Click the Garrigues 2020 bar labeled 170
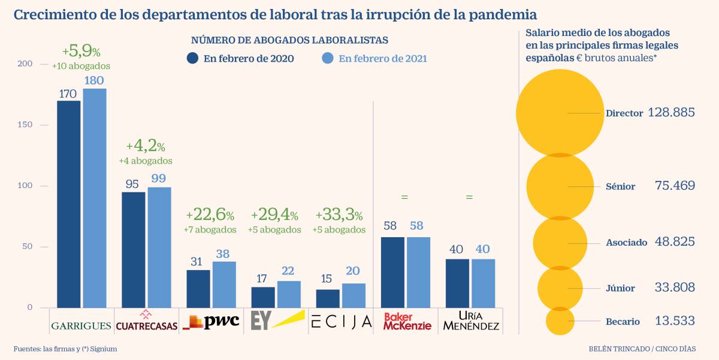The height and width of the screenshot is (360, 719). [68, 204]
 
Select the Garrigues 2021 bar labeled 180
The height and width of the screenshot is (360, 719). [95, 198]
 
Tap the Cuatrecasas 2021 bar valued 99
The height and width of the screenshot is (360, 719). [159, 247]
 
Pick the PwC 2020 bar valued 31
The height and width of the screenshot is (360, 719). [198, 288]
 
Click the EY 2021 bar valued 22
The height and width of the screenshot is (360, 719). [288, 294]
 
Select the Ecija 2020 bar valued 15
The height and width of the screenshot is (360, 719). [327, 298]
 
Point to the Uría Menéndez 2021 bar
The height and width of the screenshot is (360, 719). [483, 283]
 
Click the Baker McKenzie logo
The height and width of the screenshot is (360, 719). [407, 321]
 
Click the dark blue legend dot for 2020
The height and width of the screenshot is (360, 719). [193, 58]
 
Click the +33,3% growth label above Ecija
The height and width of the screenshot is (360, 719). [339, 214]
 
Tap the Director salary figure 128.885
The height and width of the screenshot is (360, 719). [671, 113]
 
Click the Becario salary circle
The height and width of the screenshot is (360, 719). [560, 321]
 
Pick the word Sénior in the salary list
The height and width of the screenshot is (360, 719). [620, 186]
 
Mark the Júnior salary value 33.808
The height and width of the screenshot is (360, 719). [675, 288]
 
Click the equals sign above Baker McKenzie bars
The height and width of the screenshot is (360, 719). [404, 196]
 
